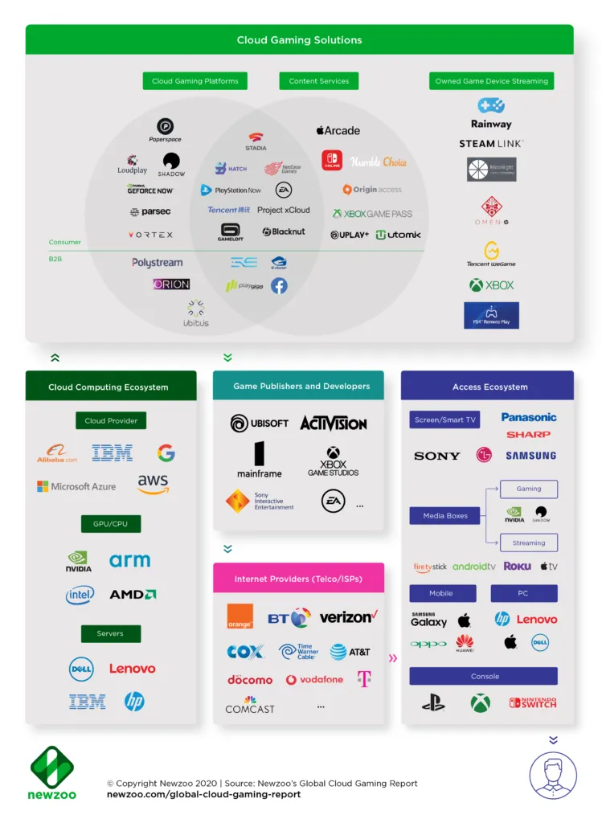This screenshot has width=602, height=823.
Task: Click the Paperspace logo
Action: [x=165, y=129]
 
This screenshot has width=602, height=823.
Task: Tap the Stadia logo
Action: [x=256, y=141]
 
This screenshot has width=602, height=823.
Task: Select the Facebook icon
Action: [x=279, y=285]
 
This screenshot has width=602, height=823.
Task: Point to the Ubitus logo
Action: [x=195, y=313]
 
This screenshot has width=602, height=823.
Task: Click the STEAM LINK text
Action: [x=491, y=144]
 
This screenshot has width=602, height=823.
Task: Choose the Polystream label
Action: [x=158, y=263]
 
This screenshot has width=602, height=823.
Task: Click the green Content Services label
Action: [x=319, y=81]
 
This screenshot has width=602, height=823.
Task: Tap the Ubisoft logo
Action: [x=259, y=424]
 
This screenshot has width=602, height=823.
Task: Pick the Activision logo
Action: [x=334, y=424]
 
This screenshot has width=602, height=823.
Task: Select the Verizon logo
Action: [x=348, y=617]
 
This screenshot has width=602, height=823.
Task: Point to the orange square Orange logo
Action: [x=240, y=616]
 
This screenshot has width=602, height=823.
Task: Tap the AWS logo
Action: [x=153, y=485]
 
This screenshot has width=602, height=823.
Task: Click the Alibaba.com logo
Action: [x=57, y=454]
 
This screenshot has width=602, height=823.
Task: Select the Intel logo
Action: [x=80, y=595]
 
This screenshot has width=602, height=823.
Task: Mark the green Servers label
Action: [x=110, y=633]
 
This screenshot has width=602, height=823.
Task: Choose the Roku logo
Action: [x=517, y=567]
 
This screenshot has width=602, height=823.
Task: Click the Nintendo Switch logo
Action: [x=532, y=702]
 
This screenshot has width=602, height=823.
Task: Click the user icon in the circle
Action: [x=553, y=775]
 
